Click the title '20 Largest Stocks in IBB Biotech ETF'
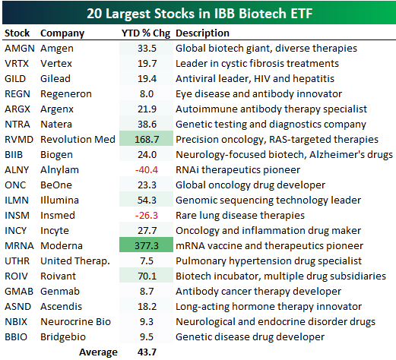[199, 14]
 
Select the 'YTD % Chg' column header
[146, 33]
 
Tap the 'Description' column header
[202, 33]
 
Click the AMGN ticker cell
[20, 49]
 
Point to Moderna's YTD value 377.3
[147, 246]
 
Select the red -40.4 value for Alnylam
[147, 170]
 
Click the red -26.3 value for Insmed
[147, 216]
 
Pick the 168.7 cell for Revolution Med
[147, 140]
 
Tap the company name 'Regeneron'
[66, 94]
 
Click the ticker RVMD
[19, 140]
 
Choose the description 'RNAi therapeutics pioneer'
[238, 170]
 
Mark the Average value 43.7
[147, 352]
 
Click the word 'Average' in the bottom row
[98, 352]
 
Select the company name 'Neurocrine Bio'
[76, 322]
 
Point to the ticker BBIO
[16, 337]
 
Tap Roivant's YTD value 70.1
[147, 276]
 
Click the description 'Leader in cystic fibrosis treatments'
[257, 64]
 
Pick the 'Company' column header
[62, 33]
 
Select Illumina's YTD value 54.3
[147, 201]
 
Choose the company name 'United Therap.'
[75, 261]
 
